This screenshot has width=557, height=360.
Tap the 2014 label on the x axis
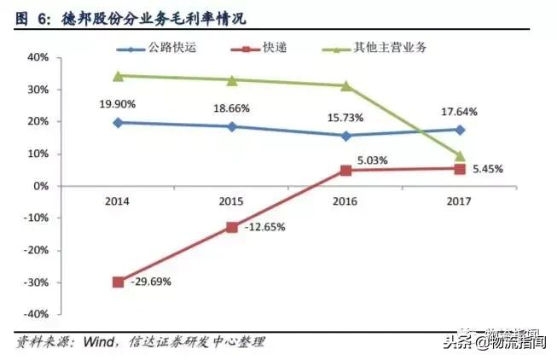coord(118,201)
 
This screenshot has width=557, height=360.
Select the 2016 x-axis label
coord(345,201)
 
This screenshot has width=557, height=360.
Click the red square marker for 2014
coord(118,282)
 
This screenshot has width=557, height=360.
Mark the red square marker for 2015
coord(231,227)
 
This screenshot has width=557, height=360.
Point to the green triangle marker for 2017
coord(460,156)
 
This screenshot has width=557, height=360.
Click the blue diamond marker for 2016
coord(345,136)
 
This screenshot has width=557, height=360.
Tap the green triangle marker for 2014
coord(118,76)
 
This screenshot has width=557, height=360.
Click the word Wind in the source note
coord(102,341)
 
